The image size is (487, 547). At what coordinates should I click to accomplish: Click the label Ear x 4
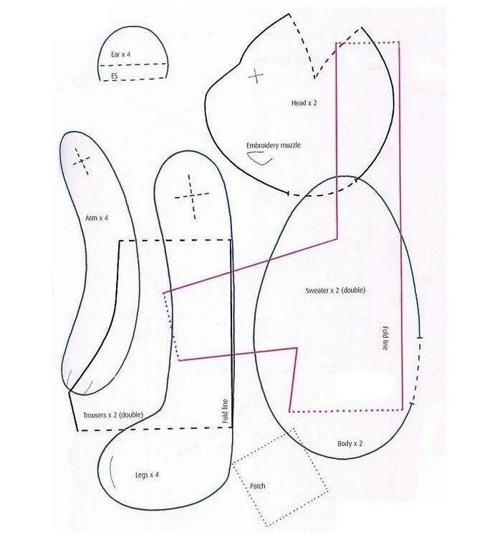[120, 54]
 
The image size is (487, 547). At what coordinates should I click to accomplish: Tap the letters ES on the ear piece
[114, 74]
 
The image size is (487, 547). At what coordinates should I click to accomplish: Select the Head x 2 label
[304, 103]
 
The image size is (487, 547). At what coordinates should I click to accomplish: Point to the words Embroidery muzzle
[274, 145]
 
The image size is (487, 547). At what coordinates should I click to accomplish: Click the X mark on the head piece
[256, 75]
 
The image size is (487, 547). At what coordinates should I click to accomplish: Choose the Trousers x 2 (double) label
[113, 415]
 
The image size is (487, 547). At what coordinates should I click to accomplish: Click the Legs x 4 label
[147, 475]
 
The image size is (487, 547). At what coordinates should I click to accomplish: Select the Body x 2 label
[350, 444]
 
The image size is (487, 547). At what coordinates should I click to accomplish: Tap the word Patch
[258, 486]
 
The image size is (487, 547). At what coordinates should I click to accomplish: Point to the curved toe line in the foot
[112, 473]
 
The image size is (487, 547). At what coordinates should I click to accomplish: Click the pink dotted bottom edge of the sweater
[344, 411]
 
